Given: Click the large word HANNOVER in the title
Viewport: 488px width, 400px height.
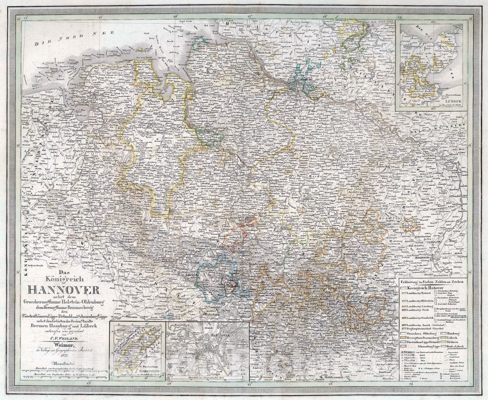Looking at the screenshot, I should tap(63, 290).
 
